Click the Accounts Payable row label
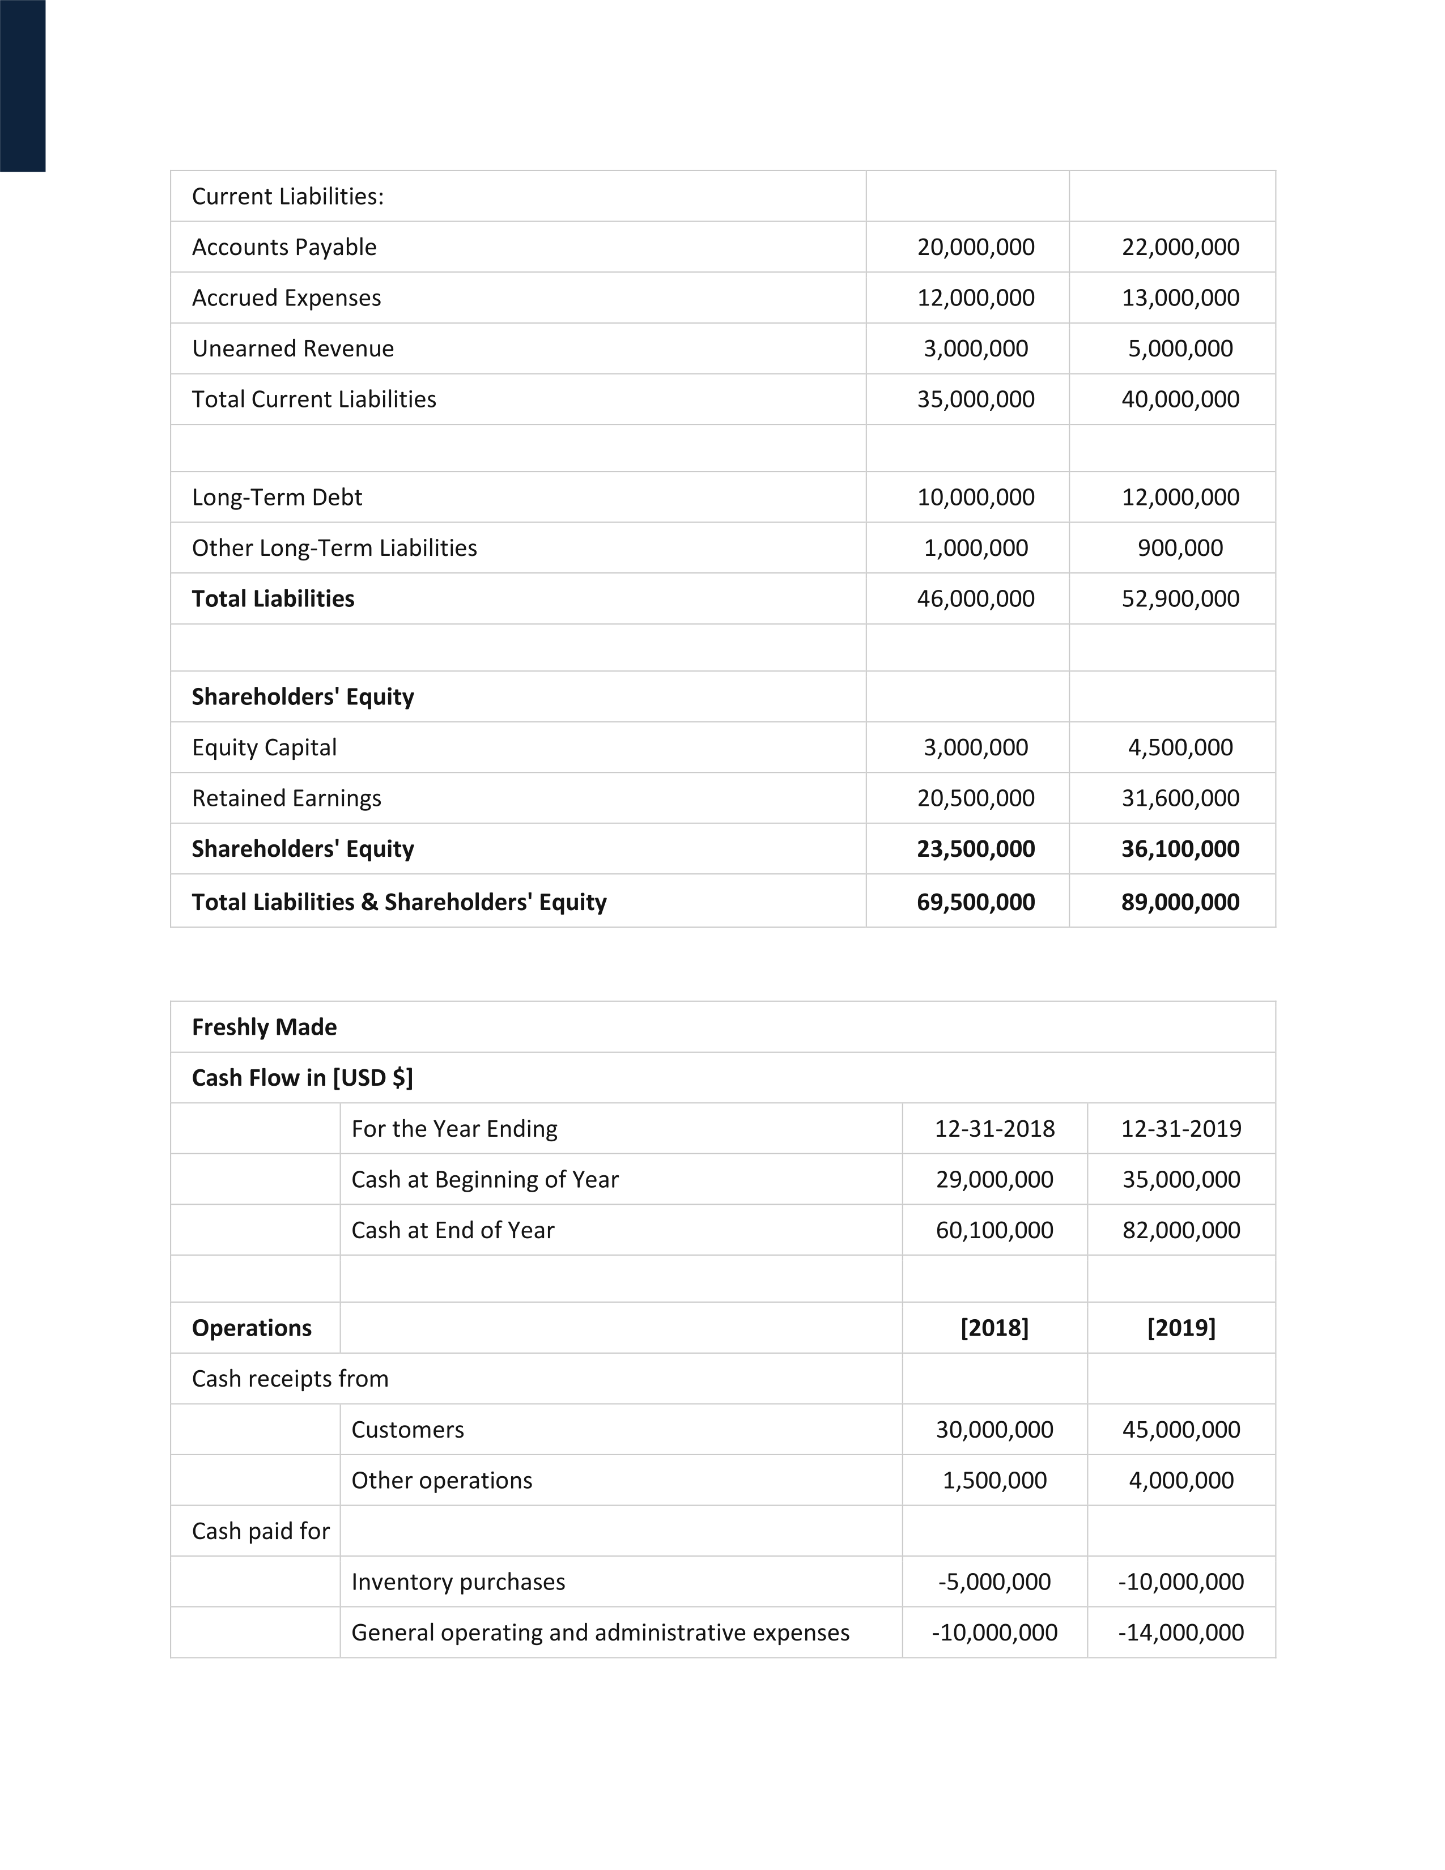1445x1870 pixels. click(x=284, y=248)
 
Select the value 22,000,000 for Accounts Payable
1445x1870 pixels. click(x=1180, y=248)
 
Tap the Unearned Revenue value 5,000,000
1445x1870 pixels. click(x=1180, y=348)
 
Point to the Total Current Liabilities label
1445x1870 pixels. click(x=314, y=399)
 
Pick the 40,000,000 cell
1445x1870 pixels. click(x=1180, y=399)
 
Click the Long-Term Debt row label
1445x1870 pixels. click(x=277, y=498)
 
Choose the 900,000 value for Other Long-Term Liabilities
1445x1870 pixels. click(x=1180, y=548)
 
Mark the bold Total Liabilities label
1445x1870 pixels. click(x=273, y=598)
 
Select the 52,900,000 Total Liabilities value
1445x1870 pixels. click(x=1180, y=598)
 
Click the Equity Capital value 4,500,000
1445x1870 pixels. click(x=1180, y=747)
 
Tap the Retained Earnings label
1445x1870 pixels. click(x=287, y=798)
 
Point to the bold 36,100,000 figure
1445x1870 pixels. click(x=1180, y=849)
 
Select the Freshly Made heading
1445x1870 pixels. click(x=265, y=1027)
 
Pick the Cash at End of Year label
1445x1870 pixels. click(x=453, y=1230)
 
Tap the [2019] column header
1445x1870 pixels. click(x=1181, y=1328)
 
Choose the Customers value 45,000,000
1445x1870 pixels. click(x=1181, y=1430)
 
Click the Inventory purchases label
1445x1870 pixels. click(x=458, y=1582)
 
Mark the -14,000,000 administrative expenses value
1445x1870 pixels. click(x=1181, y=1633)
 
